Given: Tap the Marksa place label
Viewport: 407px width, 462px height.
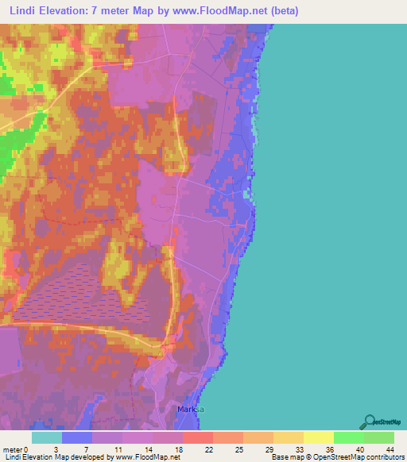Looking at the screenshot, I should tap(189, 409).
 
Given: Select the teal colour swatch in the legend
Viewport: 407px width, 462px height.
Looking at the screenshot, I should tap(47, 437).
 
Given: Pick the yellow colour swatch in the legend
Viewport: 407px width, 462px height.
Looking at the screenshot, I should tap(319, 437).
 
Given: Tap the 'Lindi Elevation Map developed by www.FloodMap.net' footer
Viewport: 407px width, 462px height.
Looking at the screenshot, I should tap(91, 457).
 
